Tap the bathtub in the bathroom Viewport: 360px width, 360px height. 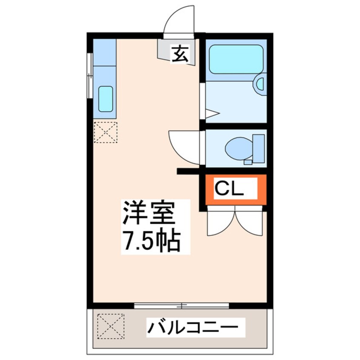[x=236, y=59]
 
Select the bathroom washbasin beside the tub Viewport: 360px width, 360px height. [x=260, y=83]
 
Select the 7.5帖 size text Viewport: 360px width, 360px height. [x=151, y=241]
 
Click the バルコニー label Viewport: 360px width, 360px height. [x=192, y=328]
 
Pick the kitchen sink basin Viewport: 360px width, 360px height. [x=106, y=98]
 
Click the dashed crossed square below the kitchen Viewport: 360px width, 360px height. [x=105, y=131]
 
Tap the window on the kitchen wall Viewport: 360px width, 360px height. [x=89, y=74]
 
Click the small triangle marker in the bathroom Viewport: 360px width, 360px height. [x=211, y=114]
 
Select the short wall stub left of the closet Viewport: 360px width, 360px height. [x=189, y=171]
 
